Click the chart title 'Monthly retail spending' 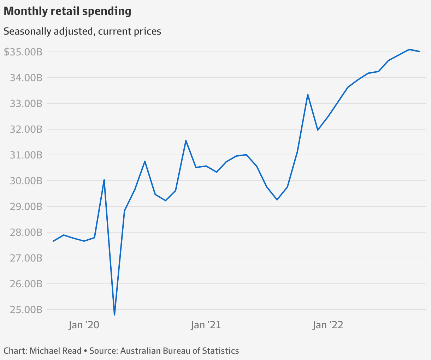point(67,11)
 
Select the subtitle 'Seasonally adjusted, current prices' point(82,31)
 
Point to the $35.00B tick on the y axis point(23,52)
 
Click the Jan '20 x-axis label point(84,325)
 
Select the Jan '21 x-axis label point(206,325)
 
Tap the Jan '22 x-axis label point(328,325)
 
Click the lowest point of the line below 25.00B point(114,314)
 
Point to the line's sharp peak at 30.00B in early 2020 point(104,180)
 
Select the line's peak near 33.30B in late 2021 point(308,95)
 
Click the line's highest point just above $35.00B point(409,49)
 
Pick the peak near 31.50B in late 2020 point(186,140)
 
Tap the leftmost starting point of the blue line point(53,241)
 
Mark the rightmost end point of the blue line point(419,52)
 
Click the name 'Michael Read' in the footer point(55,351)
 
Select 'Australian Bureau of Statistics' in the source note point(179,351)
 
